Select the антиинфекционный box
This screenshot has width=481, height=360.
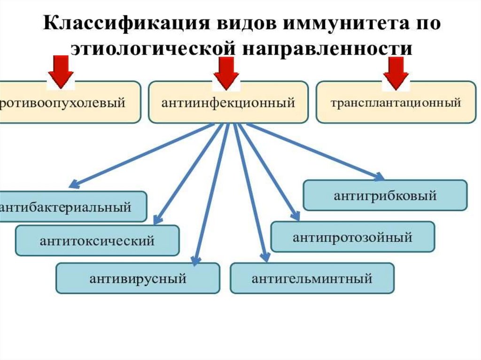point(228,102)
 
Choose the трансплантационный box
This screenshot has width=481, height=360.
point(396,102)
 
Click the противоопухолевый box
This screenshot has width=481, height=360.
point(66,102)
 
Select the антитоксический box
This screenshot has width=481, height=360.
point(97,241)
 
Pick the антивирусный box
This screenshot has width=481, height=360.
point(138,278)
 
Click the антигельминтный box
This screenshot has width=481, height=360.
point(312,278)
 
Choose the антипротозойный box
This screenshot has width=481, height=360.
point(353,237)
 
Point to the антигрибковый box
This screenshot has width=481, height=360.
point(385,195)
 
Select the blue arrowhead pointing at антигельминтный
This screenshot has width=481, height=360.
point(266,257)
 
